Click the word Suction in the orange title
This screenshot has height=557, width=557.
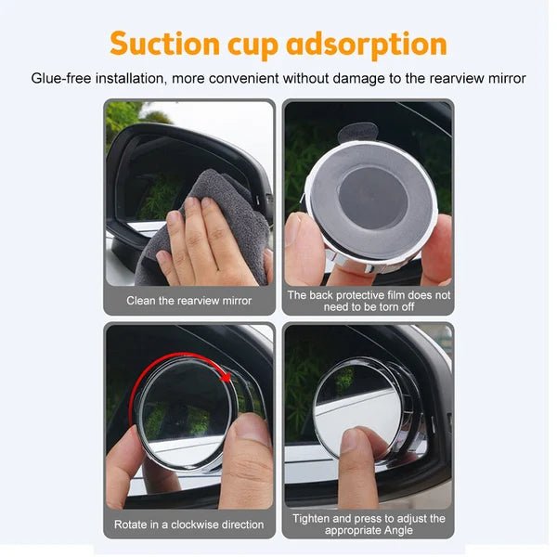pyautogui.click(x=165, y=44)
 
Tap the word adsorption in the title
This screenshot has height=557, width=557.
pyautogui.click(x=367, y=45)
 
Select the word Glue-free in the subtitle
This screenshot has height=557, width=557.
pyautogui.click(x=61, y=79)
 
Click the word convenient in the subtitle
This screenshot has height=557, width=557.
pyautogui.click(x=243, y=79)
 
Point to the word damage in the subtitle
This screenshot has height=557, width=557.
pyautogui.click(x=358, y=79)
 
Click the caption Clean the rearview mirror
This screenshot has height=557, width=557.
pyautogui.click(x=189, y=301)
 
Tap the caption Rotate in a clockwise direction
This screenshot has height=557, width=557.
pyautogui.click(x=189, y=525)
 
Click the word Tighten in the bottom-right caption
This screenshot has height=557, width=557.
pyautogui.click(x=311, y=519)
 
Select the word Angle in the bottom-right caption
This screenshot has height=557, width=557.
pyautogui.click(x=398, y=531)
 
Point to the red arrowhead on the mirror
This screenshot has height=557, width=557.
pyautogui.click(x=226, y=377)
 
